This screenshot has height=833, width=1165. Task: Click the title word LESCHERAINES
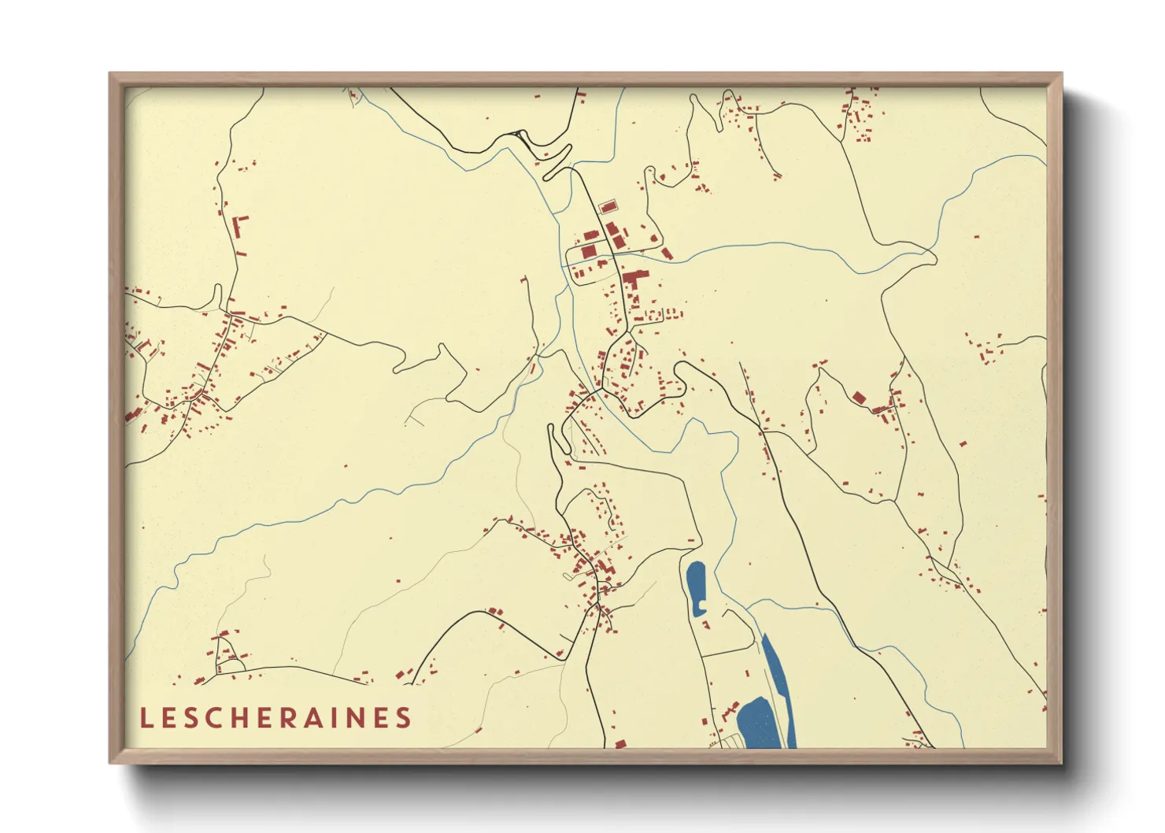point(276,718)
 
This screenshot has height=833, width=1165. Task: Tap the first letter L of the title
point(146,718)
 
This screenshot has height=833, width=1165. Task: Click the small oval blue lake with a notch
point(696,589)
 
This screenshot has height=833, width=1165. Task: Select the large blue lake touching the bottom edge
point(757,724)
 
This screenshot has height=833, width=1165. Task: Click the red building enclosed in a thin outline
point(608,207)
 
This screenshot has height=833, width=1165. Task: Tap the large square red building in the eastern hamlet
point(859,398)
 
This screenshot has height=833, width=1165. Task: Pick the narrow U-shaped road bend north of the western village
point(217,297)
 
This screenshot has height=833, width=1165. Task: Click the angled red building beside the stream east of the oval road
point(666,254)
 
